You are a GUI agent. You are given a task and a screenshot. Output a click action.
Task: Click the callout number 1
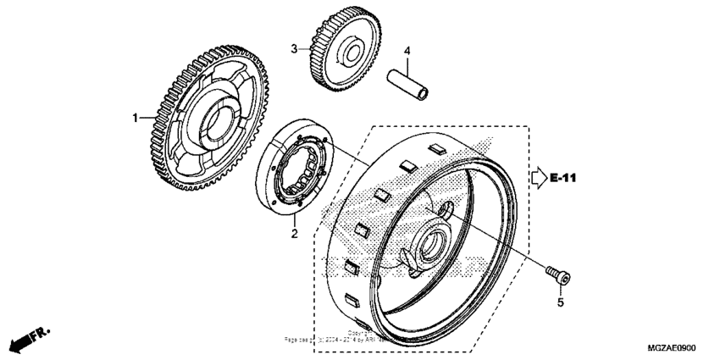[133, 119]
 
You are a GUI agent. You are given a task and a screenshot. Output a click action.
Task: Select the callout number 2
[294, 233]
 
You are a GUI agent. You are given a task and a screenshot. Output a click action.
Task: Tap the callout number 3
[294, 49]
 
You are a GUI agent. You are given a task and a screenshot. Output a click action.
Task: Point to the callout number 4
[407, 51]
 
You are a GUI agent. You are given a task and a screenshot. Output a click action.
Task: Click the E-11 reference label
[564, 179]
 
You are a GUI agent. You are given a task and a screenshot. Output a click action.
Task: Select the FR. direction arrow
[26, 340]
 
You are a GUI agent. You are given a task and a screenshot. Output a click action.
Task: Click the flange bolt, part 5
[558, 274]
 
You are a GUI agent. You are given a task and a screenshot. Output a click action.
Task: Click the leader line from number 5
[560, 287]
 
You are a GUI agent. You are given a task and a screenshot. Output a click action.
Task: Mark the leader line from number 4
[407, 64]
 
